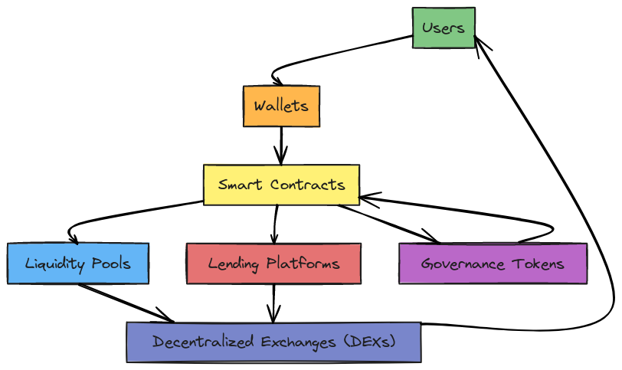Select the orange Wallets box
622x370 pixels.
pos(281,106)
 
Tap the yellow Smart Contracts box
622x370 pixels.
pos(281,185)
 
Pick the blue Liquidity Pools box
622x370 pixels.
pos(78,264)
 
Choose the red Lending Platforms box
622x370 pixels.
pos(273,264)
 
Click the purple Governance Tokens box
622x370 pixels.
pos(493,264)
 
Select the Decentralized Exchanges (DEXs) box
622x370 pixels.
pos(273,342)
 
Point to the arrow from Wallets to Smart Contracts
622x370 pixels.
pos(282,144)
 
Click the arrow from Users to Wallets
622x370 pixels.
pos(322,57)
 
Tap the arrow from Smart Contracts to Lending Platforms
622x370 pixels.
pos(276,224)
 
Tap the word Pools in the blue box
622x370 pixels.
pos(110,264)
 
